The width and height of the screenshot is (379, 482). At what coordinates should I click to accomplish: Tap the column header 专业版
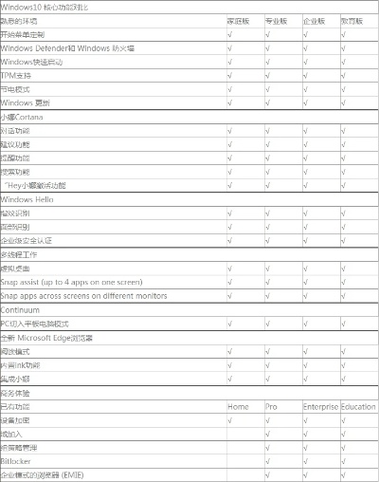click(277, 20)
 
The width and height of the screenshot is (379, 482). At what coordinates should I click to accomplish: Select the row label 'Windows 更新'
click(31, 102)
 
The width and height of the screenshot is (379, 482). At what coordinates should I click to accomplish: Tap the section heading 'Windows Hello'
click(31, 199)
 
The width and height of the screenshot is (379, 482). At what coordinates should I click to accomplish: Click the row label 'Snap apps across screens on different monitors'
click(84, 296)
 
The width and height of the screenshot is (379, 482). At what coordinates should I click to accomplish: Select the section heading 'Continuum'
click(21, 310)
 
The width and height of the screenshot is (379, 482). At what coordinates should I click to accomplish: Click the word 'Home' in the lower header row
click(238, 407)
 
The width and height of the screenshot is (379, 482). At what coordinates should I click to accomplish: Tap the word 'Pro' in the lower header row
click(271, 407)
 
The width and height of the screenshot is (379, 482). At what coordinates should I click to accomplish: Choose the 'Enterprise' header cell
click(320, 407)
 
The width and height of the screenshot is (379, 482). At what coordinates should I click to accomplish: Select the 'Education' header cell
click(359, 407)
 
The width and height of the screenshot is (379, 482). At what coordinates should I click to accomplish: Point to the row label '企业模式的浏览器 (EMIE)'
click(49, 474)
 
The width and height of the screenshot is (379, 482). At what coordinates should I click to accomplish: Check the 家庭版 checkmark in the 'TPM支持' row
click(230, 75)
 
